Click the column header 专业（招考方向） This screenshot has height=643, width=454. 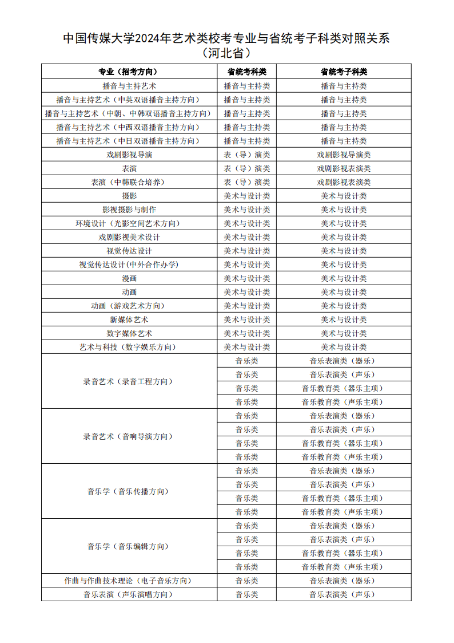pyautogui.click(x=128, y=72)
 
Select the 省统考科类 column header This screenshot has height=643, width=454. pyautogui.click(x=246, y=72)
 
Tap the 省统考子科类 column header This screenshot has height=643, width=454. pyautogui.click(x=343, y=72)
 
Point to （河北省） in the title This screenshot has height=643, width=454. pyautogui.click(x=226, y=54)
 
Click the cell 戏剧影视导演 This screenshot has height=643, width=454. pyautogui.click(x=129, y=155)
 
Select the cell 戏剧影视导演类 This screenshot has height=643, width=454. pyautogui.click(x=343, y=155)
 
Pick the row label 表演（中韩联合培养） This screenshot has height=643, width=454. pyautogui.click(x=129, y=182)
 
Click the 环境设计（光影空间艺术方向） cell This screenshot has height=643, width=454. pyautogui.click(x=129, y=223)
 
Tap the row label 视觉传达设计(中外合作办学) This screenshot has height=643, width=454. pyautogui.click(x=129, y=265)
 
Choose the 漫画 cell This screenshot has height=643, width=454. pyautogui.click(x=129, y=278)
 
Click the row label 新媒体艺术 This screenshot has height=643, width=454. pyautogui.click(x=129, y=319)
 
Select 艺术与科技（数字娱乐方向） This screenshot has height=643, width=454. pyautogui.click(x=129, y=347)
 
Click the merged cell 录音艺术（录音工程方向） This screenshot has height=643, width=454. pyautogui.click(x=129, y=381)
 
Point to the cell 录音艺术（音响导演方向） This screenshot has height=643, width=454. pyautogui.click(x=129, y=436)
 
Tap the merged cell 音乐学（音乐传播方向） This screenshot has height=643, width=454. pyautogui.click(x=129, y=491)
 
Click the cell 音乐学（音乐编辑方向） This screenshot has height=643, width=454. pyautogui.click(x=129, y=546)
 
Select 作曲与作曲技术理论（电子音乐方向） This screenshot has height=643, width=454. pyautogui.click(x=129, y=581)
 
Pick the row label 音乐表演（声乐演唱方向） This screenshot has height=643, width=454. pyautogui.click(x=129, y=594)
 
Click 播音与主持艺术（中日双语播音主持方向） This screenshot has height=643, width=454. pyautogui.click(x=129, y=141)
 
